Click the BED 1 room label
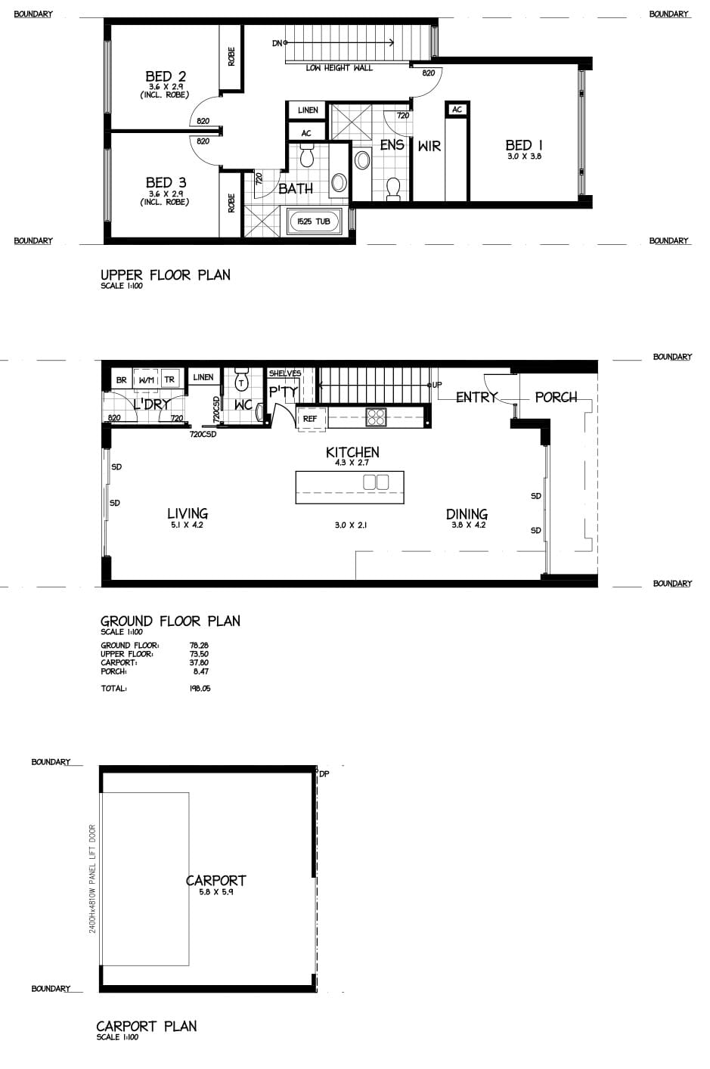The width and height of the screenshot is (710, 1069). (x=523, y=144)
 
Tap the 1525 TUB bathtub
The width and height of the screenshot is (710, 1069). (x=313, y=222)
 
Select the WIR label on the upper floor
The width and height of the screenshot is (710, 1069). (x=429, y=146)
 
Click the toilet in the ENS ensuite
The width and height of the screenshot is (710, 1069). (x=393, y=188)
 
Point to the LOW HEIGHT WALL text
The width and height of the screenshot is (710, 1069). (x=339, y=68)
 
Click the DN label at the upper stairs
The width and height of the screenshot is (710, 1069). (x=277, y=43)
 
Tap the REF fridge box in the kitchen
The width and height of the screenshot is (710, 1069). (x=311, y=419)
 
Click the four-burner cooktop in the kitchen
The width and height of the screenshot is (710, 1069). (x=376, y=417)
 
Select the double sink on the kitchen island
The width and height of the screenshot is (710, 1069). (x=376, y=482)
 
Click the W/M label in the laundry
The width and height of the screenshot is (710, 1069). (x=146, y=380)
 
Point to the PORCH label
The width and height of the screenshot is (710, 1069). (x=556, y=397)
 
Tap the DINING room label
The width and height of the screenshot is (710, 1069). (x=467, y=514)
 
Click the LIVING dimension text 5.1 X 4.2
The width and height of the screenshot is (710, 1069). (x=187, y=525)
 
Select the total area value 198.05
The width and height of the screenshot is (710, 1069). (x=200, y=688)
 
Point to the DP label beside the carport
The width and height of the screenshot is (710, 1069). (x=324, y=774)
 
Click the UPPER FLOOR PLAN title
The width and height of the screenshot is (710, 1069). (x=165, y=275)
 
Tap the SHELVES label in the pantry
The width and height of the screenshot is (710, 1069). (x=285, y=373)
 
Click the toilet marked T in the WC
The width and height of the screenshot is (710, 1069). (x=242, y=380)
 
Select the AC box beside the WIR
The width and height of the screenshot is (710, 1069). (x=457, y=110)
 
